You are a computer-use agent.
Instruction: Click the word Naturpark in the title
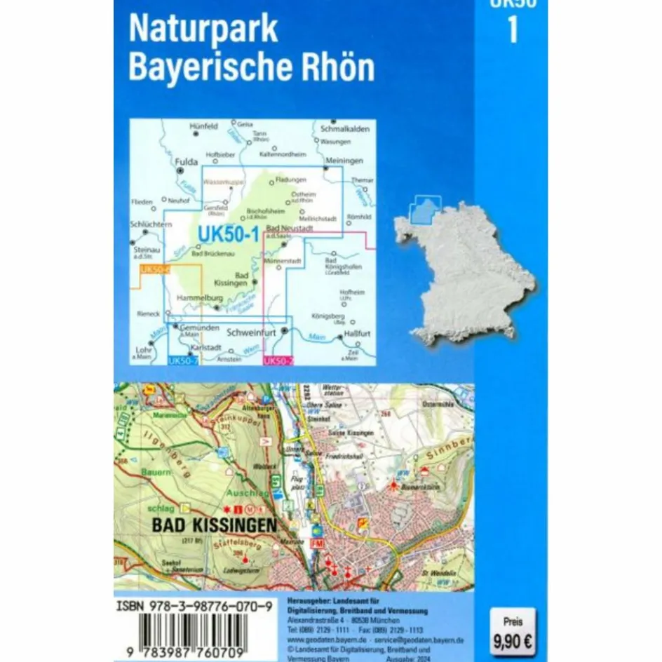tap(203, 29)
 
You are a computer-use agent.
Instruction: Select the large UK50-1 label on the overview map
tap(229, 233)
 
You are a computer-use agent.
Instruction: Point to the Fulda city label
tap(184, 158)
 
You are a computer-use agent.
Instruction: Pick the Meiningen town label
tap(342, 160)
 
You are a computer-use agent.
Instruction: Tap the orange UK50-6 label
tap(153, 269)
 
